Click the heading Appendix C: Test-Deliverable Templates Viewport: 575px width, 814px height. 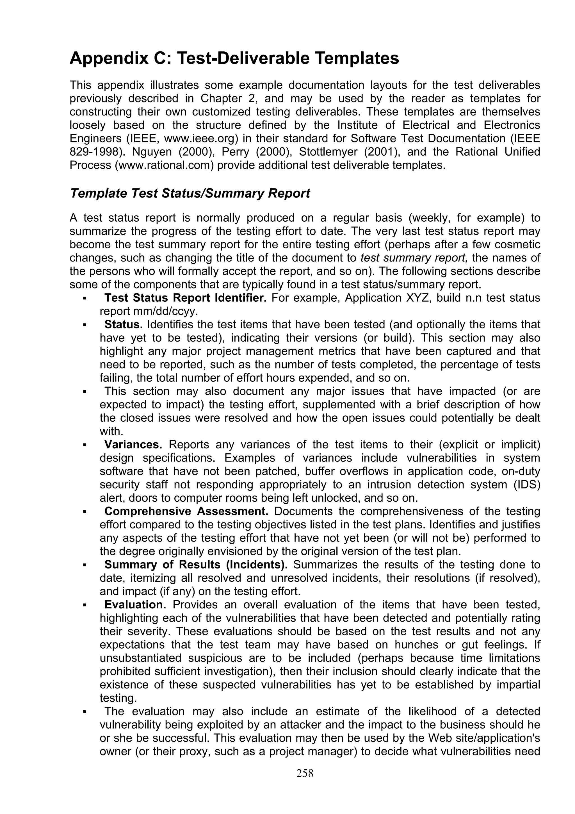click(234, 58)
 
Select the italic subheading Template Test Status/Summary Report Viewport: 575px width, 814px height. click(190, 194)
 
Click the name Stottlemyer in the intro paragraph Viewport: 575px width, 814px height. click(328, 152)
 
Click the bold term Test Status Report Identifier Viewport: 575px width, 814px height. click(185, 298)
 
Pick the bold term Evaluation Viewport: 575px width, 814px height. click(135, 604)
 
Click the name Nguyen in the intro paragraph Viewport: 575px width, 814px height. click(154, 152)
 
